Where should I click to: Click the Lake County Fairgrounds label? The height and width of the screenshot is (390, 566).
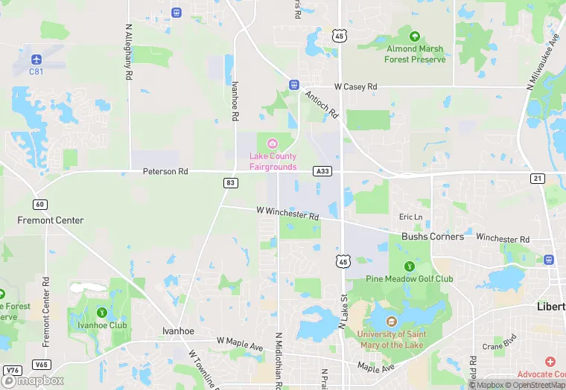click(x=272, y=162)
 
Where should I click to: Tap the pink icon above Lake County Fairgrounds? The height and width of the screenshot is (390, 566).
click(x=272, y=143)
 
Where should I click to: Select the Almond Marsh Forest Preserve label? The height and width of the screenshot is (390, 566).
click(x=416, y=54)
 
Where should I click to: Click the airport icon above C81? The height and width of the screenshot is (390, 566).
click(x=36, y=58)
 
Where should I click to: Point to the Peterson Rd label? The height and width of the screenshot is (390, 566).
click(x=165, y=172)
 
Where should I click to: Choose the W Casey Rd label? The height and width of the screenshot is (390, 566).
click(x=356, y=87)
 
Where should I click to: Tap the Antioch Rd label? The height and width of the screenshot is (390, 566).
click(x=321, y=104)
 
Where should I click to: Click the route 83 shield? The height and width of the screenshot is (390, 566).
click(x=230, y=183)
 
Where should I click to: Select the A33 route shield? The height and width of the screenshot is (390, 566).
click(x=322, y=170)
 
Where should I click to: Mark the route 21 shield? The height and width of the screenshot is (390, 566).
click(x=537, y=179)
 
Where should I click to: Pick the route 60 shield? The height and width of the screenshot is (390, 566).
click(x=40, y=205)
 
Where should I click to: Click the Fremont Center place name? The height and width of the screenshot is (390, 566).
click(x=51, y=220)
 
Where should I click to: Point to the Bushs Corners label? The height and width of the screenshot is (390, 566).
click(x=433, y=237)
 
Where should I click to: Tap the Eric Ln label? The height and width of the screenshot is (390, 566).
click(x=410, y=217)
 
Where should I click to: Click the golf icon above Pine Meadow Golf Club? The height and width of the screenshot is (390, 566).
click(x=409, y=266)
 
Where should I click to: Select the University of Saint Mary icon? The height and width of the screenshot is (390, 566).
click(x=390, y=321)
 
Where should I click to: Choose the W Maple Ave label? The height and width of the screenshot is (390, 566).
click(x=240, y=341)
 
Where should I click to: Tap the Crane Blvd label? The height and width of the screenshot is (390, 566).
click(x=499, y=346)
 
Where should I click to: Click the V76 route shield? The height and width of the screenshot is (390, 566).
click(x=11, y=370)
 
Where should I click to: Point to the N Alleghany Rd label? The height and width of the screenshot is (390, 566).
click(x=128, y=52)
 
